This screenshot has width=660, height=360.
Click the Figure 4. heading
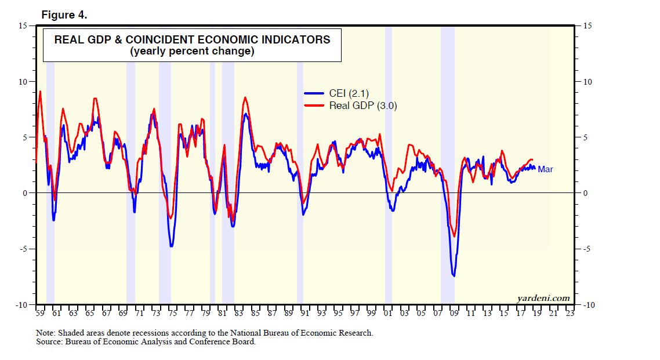[64, 15]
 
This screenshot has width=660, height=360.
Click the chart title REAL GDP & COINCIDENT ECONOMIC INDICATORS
[192, 40]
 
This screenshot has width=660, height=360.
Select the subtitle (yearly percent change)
[192, 51]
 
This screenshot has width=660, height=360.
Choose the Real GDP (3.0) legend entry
[362, 106]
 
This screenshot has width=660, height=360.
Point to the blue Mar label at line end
[545, 169]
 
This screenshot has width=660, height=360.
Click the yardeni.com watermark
[543, 298]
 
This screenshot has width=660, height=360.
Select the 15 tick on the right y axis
[585, 26]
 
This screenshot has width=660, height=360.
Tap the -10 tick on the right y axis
[586, 305]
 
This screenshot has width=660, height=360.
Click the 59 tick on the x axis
[40, 314]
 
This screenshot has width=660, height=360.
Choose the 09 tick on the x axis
[454, 314]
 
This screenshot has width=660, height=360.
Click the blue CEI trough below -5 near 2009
[454, 275]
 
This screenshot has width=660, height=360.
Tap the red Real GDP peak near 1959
[40, 92]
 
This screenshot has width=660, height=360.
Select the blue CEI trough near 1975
[172, 246]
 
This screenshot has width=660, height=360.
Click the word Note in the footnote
[44, 333]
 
